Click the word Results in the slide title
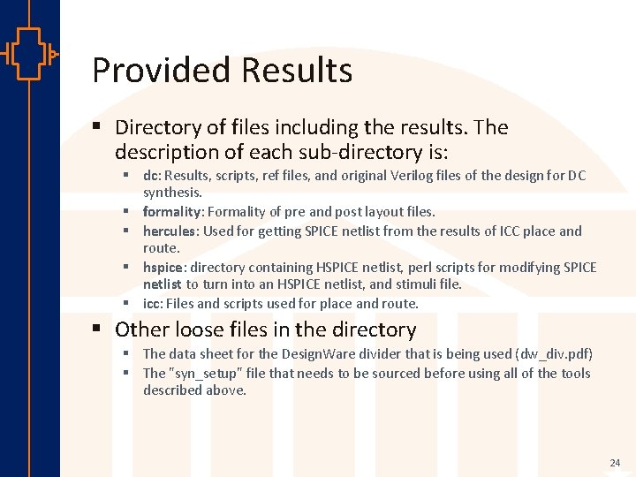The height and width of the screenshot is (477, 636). tap(295, 71)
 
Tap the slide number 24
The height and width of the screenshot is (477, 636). tap(615, 463)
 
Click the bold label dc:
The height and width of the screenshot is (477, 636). tap(151, 176)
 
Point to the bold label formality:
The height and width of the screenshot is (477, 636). tap(173, 212)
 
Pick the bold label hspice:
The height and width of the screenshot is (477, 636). tap(164, 267)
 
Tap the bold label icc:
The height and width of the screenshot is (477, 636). tap(153, 304)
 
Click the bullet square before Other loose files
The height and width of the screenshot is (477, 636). tap(99, 329)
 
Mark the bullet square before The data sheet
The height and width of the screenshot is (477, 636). tap(127, 354)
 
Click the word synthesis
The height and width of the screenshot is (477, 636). tap(172, 192)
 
